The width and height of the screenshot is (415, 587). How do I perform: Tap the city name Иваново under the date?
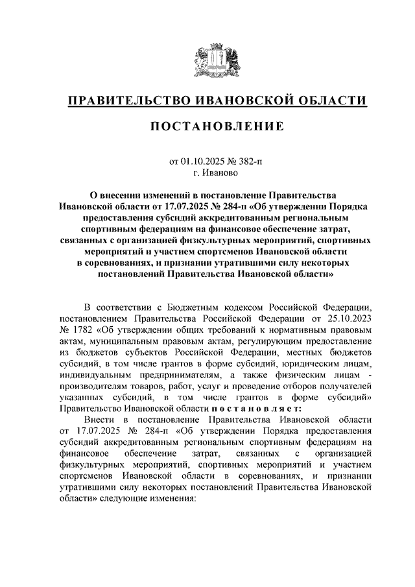221,173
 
